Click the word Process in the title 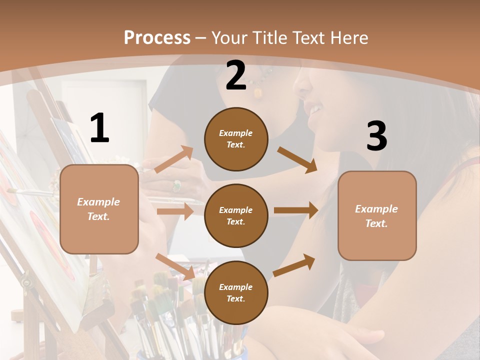tap(157, 38)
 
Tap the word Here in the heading tap(345, 38)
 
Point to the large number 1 tap(99, 128)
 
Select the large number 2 tap(236, 75)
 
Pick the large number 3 tap(376, 136)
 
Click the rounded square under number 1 tap(99, 209)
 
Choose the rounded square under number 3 tap(377, 215)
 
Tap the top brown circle tap(236, 139)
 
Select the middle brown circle tap(236, 215)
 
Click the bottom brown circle tap(236, 292)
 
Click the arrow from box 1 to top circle tap(174, 159)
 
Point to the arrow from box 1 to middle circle tap(175, 211)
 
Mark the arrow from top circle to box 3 tap(297, 159)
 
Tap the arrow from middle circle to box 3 tap(295, 210)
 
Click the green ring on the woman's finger tap(176, 186)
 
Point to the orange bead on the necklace tap(258, 92)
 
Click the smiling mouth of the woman tap(314, 109)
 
